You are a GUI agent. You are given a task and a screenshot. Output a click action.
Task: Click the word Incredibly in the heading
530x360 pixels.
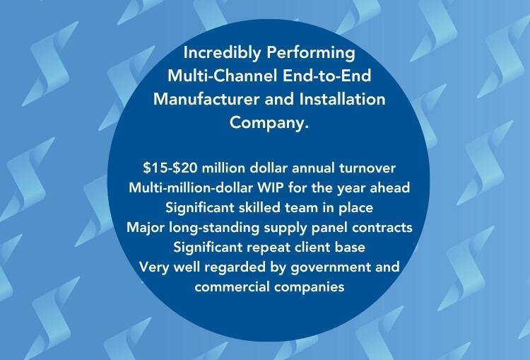click(223, 53)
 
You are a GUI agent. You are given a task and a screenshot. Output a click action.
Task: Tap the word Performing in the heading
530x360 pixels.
click(311, 53)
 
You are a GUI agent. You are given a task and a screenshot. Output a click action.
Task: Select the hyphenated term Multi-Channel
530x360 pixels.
click(223, 76)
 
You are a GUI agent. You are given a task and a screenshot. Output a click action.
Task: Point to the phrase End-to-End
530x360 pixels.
click(327, 76)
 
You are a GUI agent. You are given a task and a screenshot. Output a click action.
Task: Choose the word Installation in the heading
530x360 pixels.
click(343, 100)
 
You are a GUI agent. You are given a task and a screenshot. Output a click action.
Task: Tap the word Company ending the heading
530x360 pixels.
click(269, 123)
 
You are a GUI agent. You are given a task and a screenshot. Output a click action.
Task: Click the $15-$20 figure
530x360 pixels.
click(170, 168)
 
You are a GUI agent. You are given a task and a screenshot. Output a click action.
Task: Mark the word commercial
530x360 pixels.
click(232, 287)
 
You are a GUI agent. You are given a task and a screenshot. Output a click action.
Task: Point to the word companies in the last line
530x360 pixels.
click(310, 288)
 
